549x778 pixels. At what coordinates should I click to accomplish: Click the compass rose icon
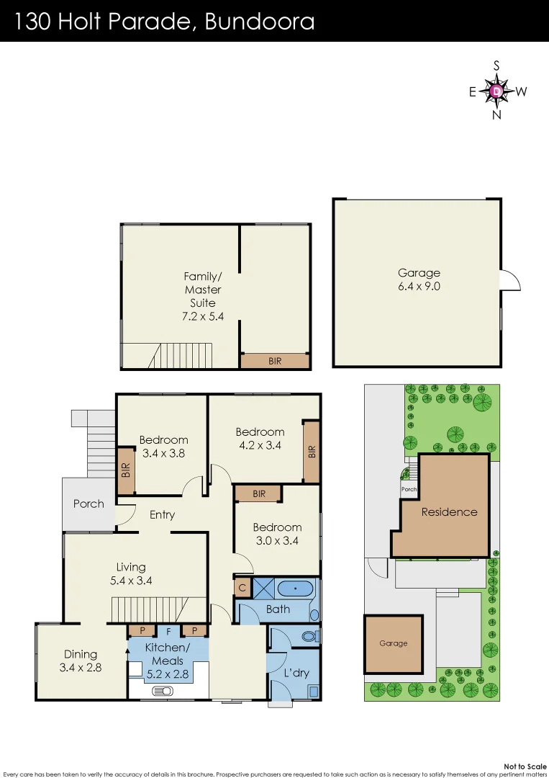tap(496, 91)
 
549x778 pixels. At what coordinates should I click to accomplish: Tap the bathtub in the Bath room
tap(295, 589)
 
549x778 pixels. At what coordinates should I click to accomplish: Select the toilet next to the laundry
tap(310, 637)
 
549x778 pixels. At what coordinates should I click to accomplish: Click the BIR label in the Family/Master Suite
tap(275, 362)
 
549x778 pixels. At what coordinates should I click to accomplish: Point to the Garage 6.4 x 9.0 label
tap(419, 280)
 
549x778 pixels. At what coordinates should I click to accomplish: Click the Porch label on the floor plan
tap(89, 504)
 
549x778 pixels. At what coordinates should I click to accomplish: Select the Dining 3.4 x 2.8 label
tap(81, 661)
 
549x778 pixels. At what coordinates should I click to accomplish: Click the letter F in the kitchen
tap(168, 630)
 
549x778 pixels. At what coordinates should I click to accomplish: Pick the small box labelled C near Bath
tap(242, 588)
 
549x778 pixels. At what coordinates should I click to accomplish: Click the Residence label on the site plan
tap(449, 512)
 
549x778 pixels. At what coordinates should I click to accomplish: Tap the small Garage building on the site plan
tap(393, 643)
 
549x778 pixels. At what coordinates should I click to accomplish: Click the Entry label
tap(163, 514)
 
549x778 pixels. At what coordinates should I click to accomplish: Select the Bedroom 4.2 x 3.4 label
tap(260, 439)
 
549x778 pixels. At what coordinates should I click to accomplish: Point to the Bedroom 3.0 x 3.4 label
tap(276, 534)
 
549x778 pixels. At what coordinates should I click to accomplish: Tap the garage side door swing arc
tap(509, 280)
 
